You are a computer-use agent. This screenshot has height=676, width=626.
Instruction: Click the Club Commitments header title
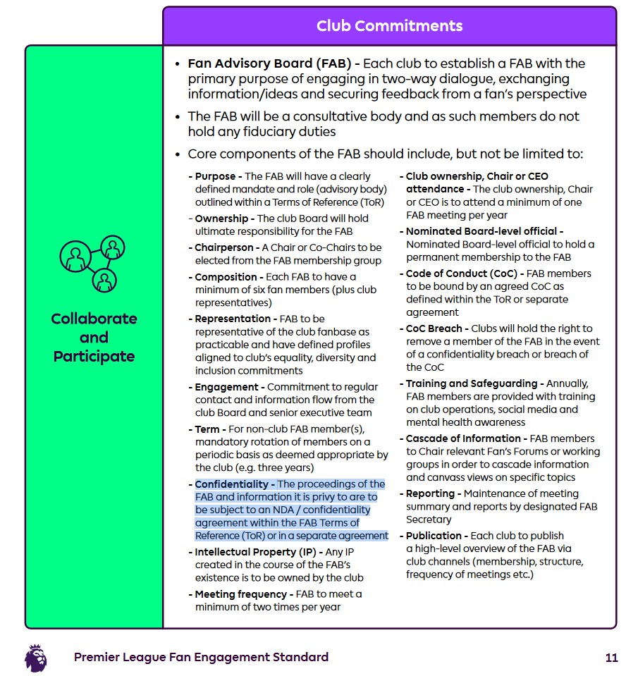coord(389,26)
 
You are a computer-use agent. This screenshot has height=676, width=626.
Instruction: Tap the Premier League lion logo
coord(36,657)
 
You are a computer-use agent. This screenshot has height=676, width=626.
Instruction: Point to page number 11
coord(611,658)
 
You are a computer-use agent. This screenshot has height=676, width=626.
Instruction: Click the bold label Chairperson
coord(224,247)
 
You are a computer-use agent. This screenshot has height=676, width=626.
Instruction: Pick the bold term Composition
coord(226,277)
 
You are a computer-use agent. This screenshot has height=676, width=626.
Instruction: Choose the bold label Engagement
coord(226,387)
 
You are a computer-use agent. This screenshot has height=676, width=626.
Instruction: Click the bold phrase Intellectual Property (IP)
coord(254,552)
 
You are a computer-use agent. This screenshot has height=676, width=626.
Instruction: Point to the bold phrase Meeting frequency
coord(240,594)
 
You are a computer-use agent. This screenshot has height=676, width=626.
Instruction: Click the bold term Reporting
coord(432,493)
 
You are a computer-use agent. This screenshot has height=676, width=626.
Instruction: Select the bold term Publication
coord(434,536)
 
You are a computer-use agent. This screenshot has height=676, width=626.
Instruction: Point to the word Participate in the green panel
coord(94,356)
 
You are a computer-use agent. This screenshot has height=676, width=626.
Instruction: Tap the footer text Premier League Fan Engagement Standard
coord(201,658)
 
